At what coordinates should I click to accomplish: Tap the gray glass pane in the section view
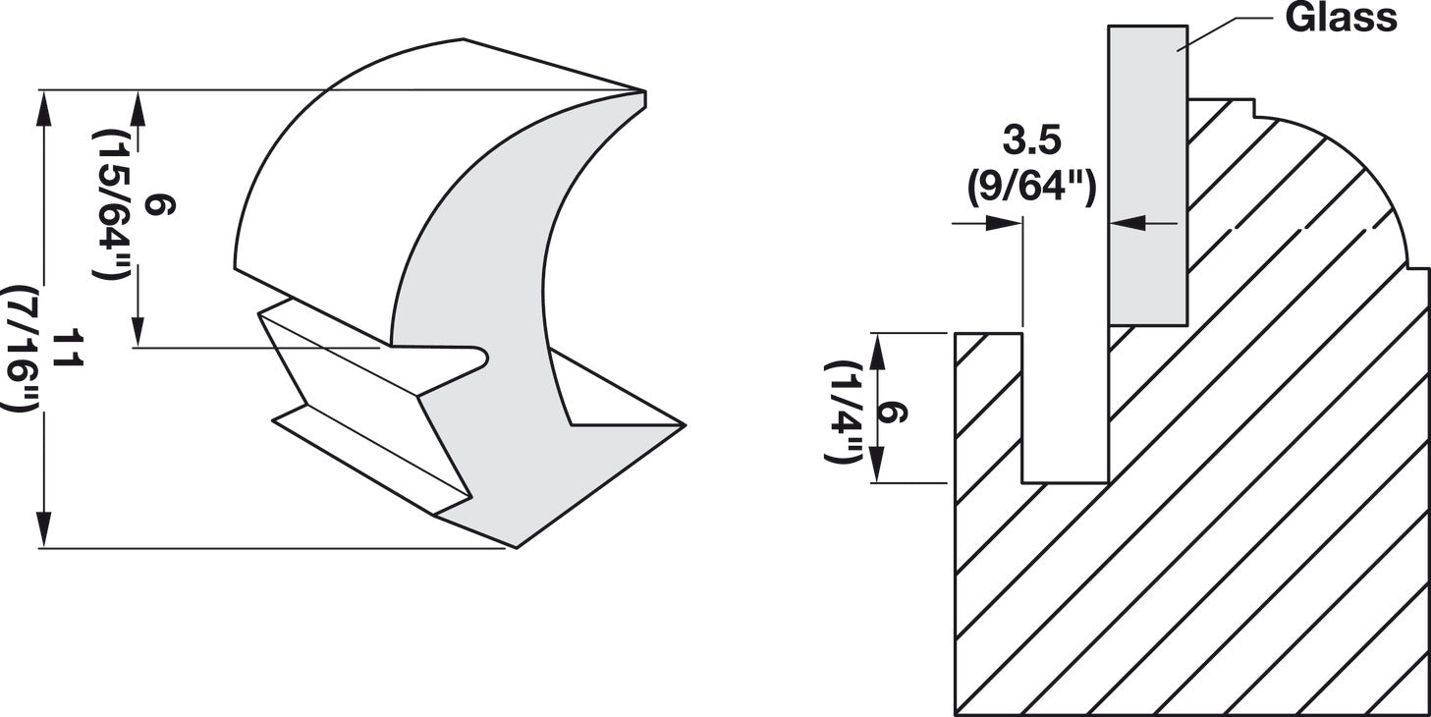click(x=1148, y=177)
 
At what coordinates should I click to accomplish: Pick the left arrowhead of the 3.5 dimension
click(x=1012, y=224)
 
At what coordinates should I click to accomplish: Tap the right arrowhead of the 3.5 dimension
click(x=1122, y=224)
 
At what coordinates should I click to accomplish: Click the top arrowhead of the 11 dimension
click(x=43, y=103)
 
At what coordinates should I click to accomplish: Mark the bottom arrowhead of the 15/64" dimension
click(x=138, y=335)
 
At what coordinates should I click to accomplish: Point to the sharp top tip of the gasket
click(x=644, y=94)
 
